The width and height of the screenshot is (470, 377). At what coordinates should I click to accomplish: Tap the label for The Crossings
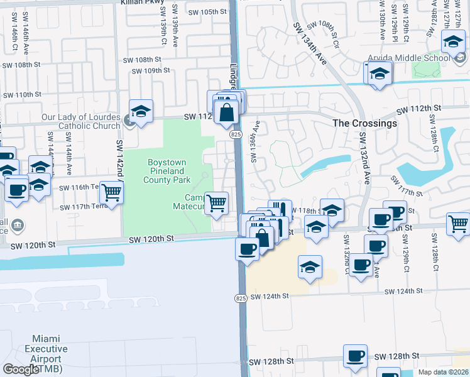364,123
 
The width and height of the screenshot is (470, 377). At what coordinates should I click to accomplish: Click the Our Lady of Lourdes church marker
129,121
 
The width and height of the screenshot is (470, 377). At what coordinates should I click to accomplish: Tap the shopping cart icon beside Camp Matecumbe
217,203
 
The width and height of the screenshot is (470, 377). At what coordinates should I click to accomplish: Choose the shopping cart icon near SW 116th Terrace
111,192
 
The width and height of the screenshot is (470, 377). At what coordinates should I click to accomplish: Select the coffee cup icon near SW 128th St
355,355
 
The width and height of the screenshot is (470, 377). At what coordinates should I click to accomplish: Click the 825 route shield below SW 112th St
235,134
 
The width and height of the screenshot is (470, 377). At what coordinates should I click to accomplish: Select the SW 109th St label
151,70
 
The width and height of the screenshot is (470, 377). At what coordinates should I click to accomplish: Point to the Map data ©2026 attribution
442,372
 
